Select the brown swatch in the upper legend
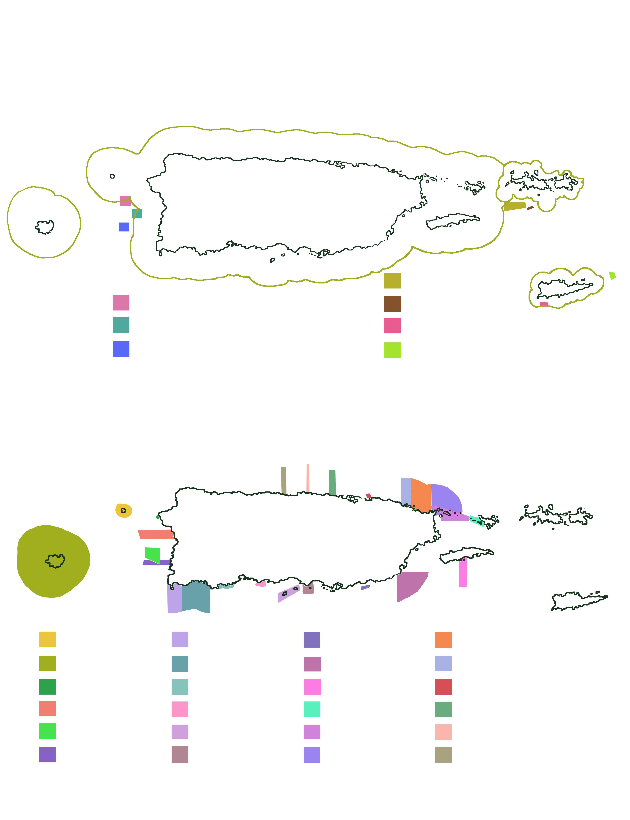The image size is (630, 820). tap(392, 304)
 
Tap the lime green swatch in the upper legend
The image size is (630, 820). tap(392, 350)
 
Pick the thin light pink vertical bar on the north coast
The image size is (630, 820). tap(308, 478)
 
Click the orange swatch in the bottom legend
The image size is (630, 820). tap(443, 640)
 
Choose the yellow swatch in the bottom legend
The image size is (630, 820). tap(47, 639)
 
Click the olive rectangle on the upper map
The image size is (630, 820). tap(515, 206)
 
